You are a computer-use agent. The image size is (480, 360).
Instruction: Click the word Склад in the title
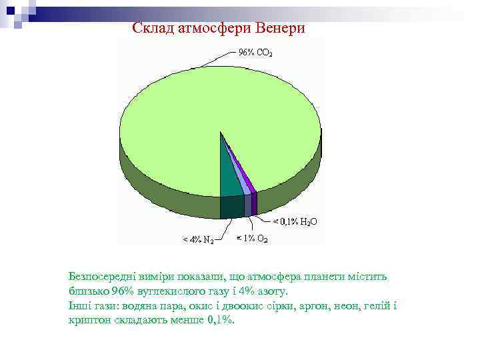coord(151,28)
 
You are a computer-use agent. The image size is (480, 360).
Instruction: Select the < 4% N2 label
coord(199,239)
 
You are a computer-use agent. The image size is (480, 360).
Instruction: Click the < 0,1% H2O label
coord(291,221)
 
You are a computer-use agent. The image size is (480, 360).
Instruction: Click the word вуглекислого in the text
coord(161,291)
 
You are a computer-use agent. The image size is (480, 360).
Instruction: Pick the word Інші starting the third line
coord(78,305)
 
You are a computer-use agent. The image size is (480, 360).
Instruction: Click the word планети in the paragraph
coord(326,277)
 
